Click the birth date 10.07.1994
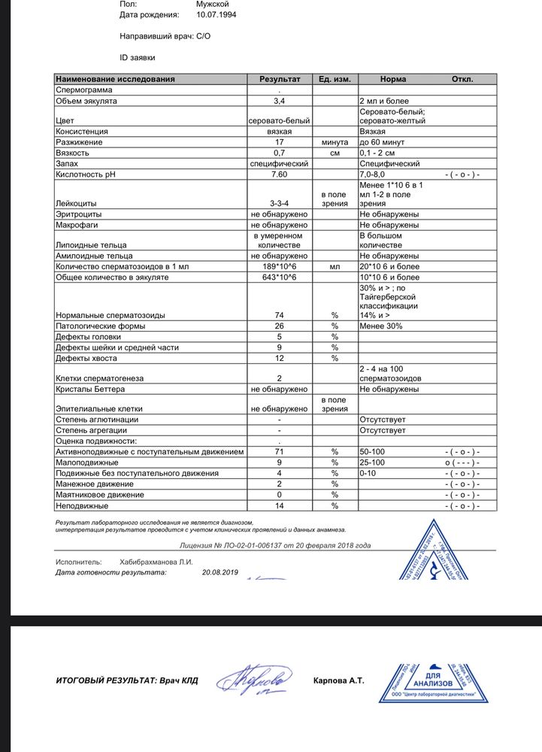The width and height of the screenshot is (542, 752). [x=216, y=14]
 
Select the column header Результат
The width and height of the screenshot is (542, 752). [x=280, y=78]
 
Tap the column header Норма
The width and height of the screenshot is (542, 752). [x=393, y=78]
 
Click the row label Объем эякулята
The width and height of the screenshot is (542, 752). [x=86, y=99]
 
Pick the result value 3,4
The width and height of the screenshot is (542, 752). [x=280, y=99]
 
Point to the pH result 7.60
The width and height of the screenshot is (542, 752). [x=280, y=174]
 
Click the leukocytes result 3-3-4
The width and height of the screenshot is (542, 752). [x=280, y=203]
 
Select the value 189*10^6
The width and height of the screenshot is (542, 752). [x=280, y=266]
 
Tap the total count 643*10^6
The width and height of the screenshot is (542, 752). [x=280, y=277]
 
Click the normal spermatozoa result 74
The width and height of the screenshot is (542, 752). [x=280, y=315]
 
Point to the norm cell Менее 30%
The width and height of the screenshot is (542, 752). [x=381, y=326]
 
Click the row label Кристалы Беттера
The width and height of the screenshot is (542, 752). [x=89, y=389]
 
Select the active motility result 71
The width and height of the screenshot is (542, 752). [x=280, y=451]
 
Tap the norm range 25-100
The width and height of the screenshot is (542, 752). [x=374, y=462]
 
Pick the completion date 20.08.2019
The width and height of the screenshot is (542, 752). [x=220, y=572]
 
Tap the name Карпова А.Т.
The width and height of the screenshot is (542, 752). [x=338, y=681]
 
